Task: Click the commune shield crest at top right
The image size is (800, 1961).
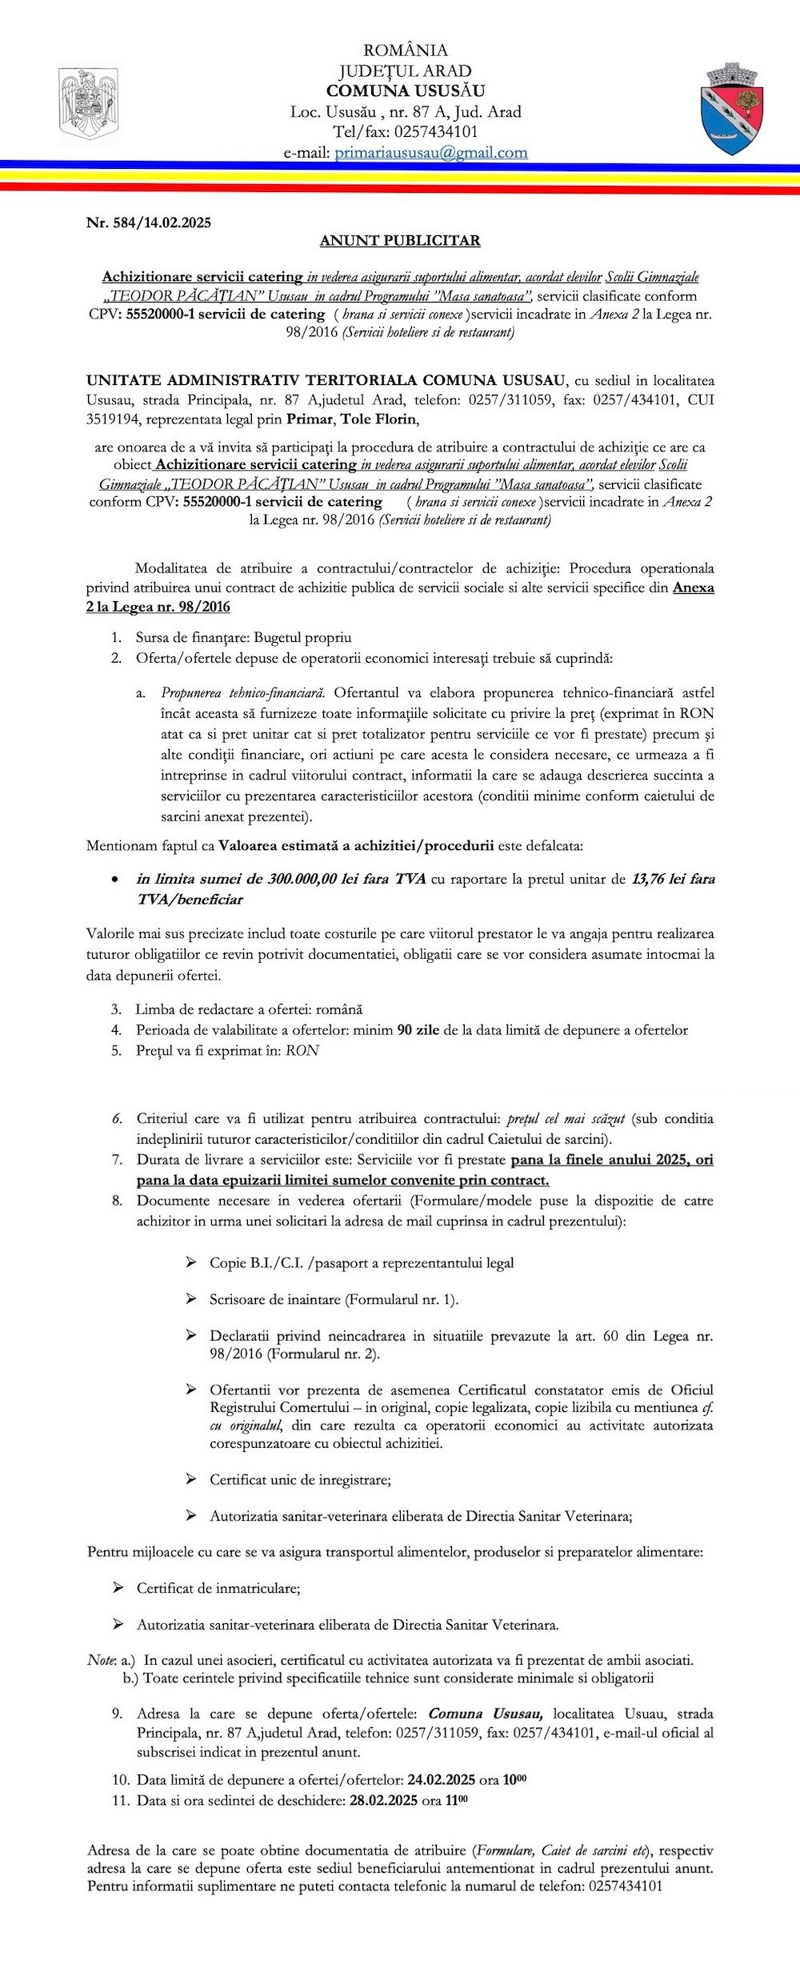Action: coord(731,110)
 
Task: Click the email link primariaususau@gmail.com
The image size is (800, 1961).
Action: coord(430,152)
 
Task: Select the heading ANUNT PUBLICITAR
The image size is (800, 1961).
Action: coord(400,240)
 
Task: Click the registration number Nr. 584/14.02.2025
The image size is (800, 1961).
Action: coord(149,223)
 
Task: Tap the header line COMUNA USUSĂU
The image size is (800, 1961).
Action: coord(405,90)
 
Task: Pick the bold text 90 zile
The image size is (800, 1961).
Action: coord(418,1029)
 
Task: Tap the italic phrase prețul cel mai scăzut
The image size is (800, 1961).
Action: coord(566,1118)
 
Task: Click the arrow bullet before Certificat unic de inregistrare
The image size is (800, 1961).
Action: coord(191,1478)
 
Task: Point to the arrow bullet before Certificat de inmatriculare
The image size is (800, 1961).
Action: coord(118,1587)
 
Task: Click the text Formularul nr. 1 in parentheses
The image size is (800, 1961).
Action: coord(401,1298)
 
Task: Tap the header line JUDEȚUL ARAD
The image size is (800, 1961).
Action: coord(405,70)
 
